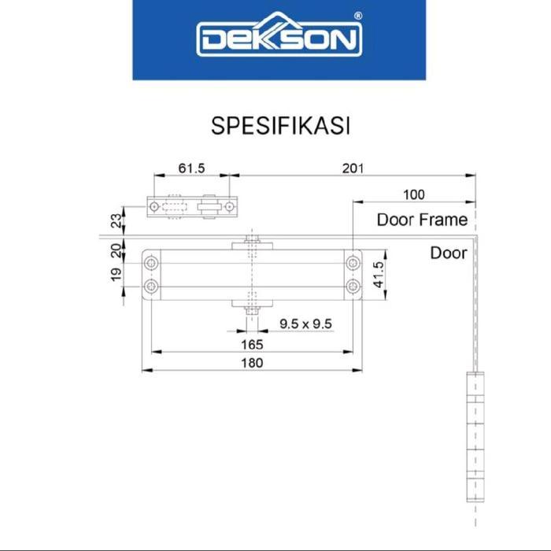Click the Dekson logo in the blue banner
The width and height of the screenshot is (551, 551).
pyautogui.click(x=279, y=35)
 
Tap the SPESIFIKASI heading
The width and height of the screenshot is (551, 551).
pyautogui.click(x=280, y=125)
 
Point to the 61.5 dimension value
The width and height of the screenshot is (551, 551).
pyautogui.click(x=191, y=168)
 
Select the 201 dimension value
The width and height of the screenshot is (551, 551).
pyautogui.click(x=353, y=168)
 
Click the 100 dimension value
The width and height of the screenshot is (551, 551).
pyautogui.click(x=413, y=194)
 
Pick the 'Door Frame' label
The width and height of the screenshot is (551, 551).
pyautogui.click(x=422, y=220)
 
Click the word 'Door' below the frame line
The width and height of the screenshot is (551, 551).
pyautogui.click(x=449, y=253)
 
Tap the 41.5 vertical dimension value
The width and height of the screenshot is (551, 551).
pyautogui.click(x=379, y=275)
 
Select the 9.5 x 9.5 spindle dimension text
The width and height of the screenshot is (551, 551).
pyautogui.click(x=305, y=324)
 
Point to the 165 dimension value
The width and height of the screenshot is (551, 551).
pyautogui.click(x=252, y=345)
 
